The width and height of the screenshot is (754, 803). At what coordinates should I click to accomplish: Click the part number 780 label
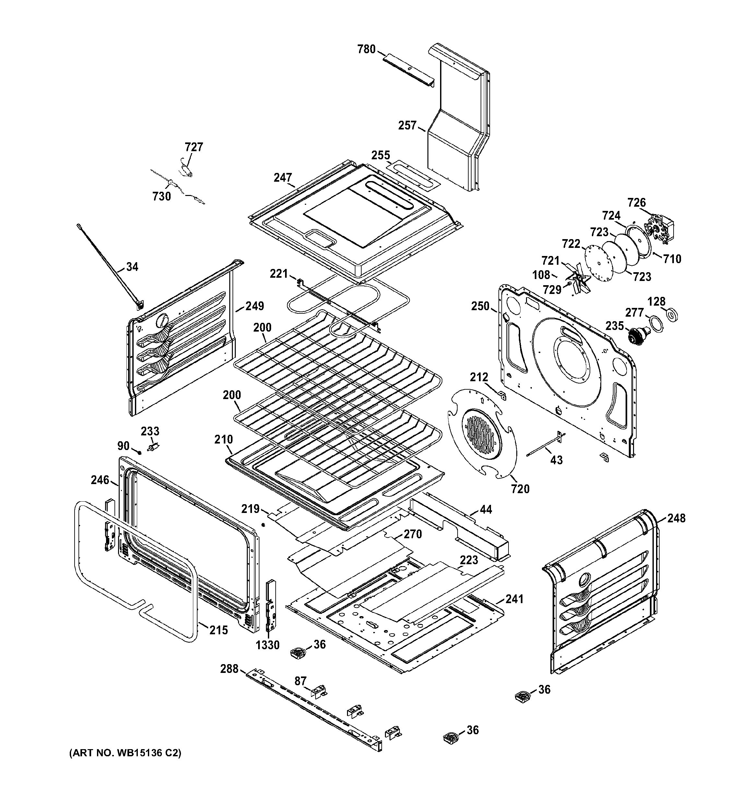pyautogui.click(x=366, y=50)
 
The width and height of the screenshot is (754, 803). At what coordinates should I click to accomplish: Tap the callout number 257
pyautogui.click(x=407, y=126)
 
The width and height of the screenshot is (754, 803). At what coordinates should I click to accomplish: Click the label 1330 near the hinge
pyautogui.click(x=268, y=645)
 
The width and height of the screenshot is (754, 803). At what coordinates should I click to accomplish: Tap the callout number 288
pyautogui.click(x=229, y=669)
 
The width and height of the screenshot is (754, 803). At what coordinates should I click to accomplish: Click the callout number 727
pyautogui.click(x=194, y=147)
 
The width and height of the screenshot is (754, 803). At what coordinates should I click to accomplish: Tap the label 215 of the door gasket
pyautogui.click(x=218, y=630)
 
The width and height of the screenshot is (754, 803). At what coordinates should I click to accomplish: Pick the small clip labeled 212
pyautogui.click(x=502, y=395)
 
